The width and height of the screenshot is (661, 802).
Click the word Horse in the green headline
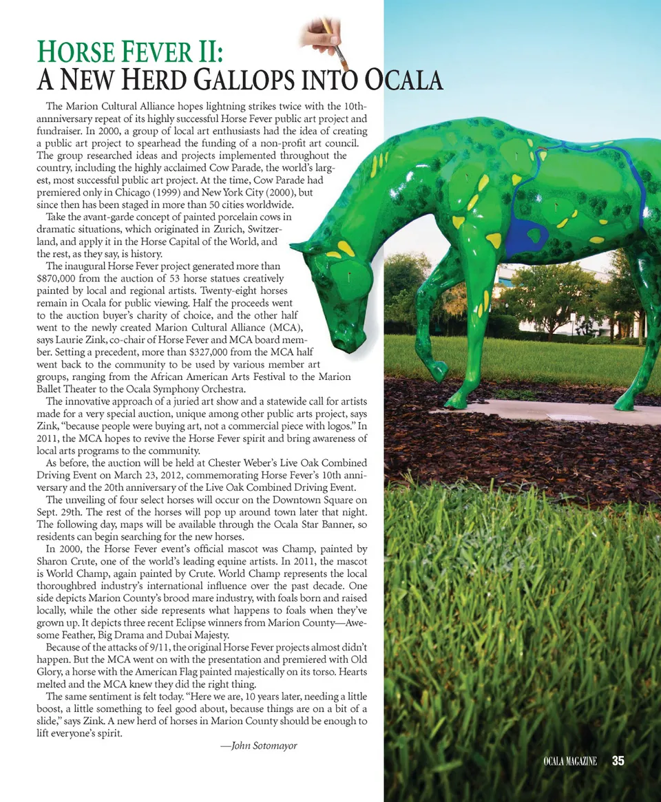78,52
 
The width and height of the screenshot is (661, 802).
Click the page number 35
618,761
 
